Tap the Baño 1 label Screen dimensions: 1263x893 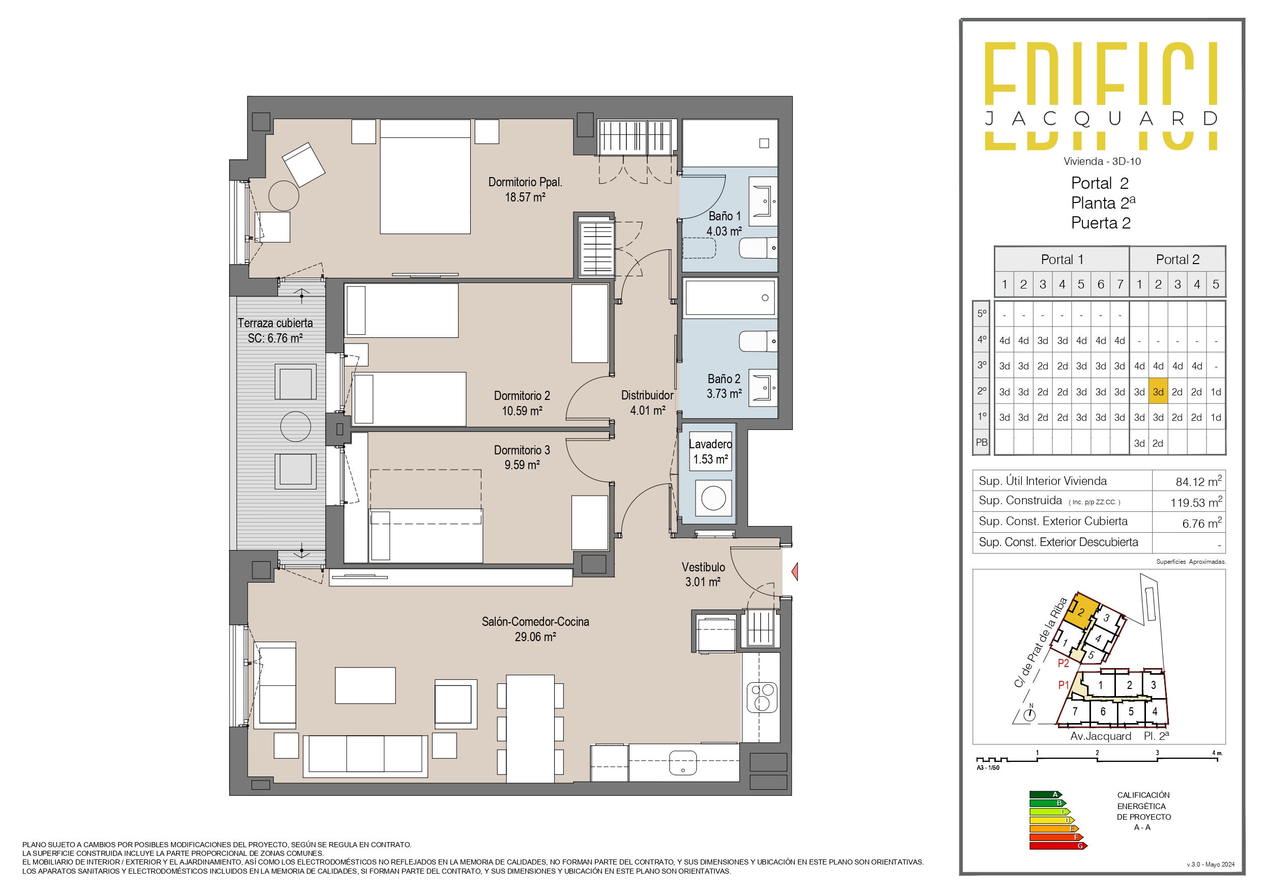point(724,216)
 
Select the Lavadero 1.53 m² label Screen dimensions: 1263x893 point(710,452)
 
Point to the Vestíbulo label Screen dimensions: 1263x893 point(703,567)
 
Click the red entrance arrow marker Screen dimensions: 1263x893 point(795,572)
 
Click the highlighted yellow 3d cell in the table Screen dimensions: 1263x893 point(1158,392)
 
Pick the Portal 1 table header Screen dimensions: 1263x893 point(1061,260)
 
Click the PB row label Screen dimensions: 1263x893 point(982,443)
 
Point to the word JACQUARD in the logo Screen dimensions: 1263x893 point(1101,118)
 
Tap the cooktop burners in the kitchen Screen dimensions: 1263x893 point(762,697)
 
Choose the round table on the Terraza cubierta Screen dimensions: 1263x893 point(296,426)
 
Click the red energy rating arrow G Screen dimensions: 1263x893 point(1058,846)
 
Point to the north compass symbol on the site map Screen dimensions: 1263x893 point(1030,714)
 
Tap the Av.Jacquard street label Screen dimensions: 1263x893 point(1100,736)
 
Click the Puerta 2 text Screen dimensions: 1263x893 point(1100,223)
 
